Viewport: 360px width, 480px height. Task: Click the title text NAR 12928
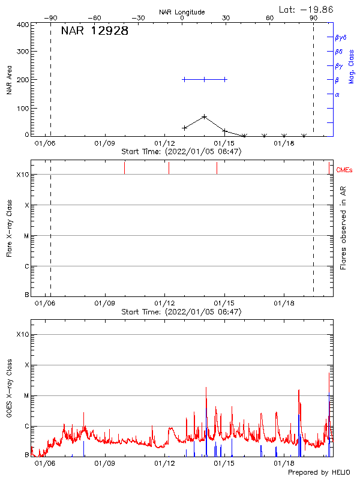pos(95,32)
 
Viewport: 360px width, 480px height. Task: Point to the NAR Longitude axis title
pos(182,12)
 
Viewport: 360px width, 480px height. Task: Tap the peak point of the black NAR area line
pos(205,116)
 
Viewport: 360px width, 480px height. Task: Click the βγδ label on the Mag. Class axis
pos(341,37)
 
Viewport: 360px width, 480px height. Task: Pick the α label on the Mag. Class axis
pos(337,94)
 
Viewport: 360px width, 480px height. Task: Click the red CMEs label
pos(344,171)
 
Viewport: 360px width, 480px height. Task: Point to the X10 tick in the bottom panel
pos(22,334)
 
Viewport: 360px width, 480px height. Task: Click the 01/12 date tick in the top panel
pos(164,144)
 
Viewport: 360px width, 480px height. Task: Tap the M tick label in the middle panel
pos(26,236)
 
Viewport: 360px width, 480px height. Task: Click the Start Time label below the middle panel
pos(181,312)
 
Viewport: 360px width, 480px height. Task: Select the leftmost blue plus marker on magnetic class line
pos(184,79)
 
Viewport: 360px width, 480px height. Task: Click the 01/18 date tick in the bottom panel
pos(284,464)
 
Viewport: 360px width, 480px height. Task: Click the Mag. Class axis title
pos(352,66)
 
